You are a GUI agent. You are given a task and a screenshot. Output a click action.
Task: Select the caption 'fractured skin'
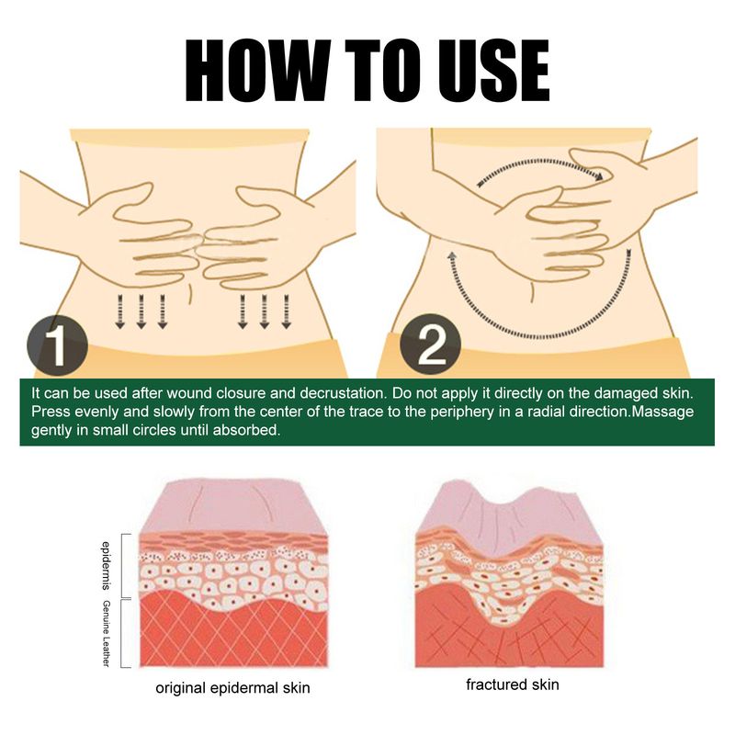click(512, 684)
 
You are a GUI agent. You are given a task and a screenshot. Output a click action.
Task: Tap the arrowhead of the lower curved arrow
click(450, 253)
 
